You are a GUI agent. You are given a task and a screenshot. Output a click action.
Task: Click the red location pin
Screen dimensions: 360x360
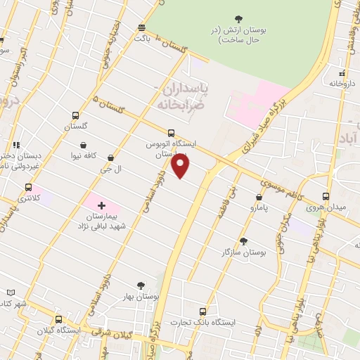tap(181, 166)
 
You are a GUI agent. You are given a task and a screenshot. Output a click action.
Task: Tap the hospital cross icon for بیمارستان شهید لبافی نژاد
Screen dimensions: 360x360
tap(102, 206)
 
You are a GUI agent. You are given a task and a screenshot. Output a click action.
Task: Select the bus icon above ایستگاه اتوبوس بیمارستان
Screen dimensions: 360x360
tap(172, 132)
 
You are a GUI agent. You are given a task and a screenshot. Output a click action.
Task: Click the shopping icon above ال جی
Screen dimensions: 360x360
tap(110, 158)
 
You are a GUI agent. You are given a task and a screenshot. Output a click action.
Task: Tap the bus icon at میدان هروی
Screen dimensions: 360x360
tap(326, 196)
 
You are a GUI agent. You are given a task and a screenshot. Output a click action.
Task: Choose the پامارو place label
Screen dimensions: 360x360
tap(259, 209)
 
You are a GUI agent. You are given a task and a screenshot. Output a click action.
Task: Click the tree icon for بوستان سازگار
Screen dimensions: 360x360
tap(244, 240)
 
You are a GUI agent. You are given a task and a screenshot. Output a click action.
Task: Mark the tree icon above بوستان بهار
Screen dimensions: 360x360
tap(141, 285)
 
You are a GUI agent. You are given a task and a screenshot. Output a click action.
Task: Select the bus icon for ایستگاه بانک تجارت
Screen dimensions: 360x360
tap(203, 311)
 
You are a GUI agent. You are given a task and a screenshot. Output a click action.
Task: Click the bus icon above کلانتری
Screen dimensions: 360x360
tap(29, 188)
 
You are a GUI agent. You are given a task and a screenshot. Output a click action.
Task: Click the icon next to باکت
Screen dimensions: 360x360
tap(142, 27)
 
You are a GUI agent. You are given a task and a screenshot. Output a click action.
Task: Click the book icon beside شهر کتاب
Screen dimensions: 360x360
tap(10, 292)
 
